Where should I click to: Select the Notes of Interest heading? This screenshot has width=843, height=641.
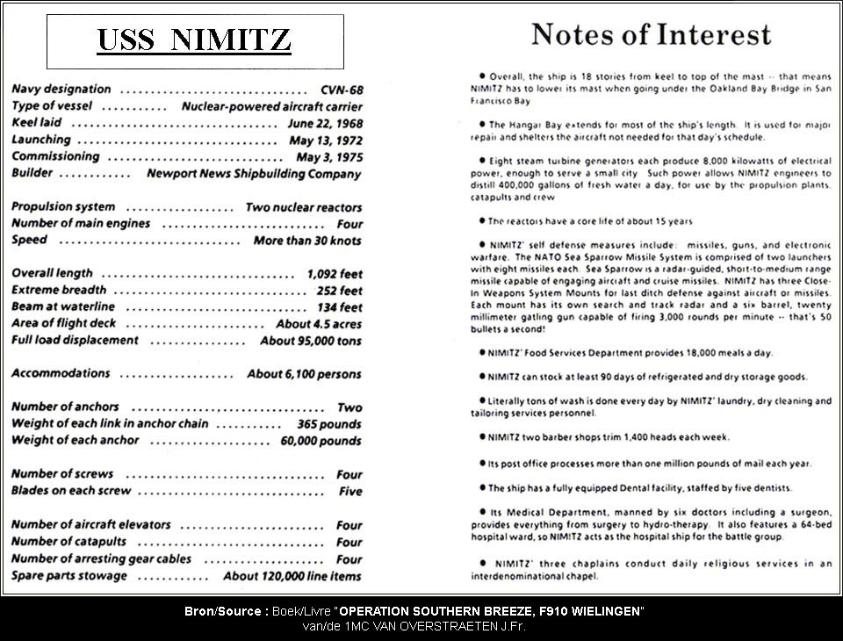tap(651, 34)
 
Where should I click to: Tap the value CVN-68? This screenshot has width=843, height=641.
tap(342, 90)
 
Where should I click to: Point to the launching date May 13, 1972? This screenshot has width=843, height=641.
tap(325, 140)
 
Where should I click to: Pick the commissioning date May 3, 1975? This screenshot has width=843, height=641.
tap(328, 157)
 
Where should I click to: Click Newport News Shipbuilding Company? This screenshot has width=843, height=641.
tap(254, 174)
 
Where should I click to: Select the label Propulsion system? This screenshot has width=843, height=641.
tap(63, 207)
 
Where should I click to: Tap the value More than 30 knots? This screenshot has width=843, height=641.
tap(307, 241)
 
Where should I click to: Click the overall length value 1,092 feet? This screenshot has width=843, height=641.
tap(335, 274)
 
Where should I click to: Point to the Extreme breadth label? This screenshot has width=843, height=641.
tap(59, 290)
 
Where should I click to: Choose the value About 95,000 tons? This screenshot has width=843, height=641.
tap(311, 341)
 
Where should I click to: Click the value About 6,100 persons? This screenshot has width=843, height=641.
tap(304, 374)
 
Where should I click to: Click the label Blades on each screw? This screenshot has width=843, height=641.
tap(71, 491)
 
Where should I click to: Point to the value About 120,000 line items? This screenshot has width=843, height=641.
tap(292, 576)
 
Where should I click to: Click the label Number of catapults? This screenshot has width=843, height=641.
tap(69, 542)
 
